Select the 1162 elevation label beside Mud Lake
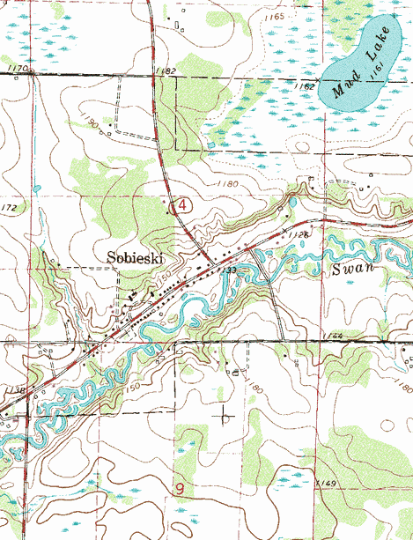tap(306, 86)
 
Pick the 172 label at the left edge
tap(9, 208)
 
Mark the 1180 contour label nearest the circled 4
tap(227, 183)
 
